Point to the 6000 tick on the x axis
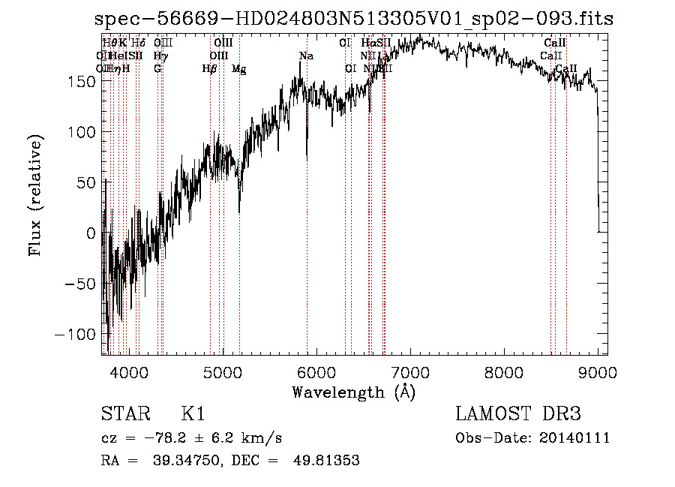pyautogui.click(x=316, y=371)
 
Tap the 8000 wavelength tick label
pyautogui.click(x=504, y=371)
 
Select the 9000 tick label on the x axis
pyautogui.click(x=598, y=371)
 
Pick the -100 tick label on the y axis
pyautogui.click(x=76, y=334)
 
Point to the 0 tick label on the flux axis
pyautogui.click(x=91, y=233)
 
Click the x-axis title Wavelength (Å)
pyautogui.click(x=353, y=392)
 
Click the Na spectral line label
pyautogui.click(x=306, y=56)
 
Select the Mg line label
pyautogui.click(x=238, y=69)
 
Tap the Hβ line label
pyautogui.click(x=209, y=69)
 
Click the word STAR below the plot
pyautogui.click(x=124, y=414)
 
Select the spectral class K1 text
pyautogui.click(x=193, y=414)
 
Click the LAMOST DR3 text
pyautogui.click(x=518, y=414)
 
